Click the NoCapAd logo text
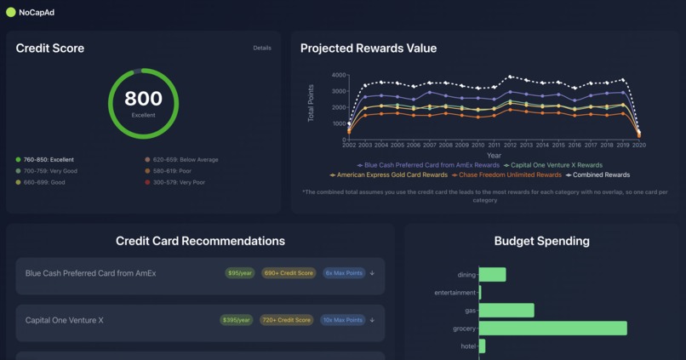coord(37,13)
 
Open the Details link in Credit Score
coord(262,48)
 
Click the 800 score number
coord(143,100)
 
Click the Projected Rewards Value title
coord(369,49)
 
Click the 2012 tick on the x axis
coord(511,146)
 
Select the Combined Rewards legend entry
coord(599,174)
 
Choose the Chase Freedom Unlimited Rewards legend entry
coord(510,174)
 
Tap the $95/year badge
coord(239,273)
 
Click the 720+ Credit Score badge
coord(289,320)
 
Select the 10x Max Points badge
coord(343,320)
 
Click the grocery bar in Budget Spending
coord(553,329)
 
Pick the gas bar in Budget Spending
coord(507,311)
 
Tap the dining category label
coord(466,275)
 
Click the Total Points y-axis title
coord(312,103)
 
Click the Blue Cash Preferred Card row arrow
coord(373,273)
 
